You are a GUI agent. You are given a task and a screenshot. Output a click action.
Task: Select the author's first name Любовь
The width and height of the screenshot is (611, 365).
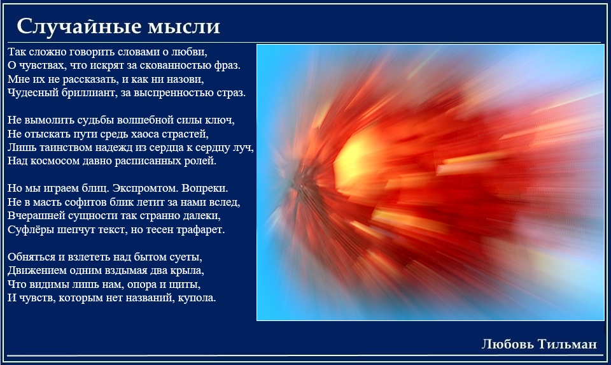point(507,344)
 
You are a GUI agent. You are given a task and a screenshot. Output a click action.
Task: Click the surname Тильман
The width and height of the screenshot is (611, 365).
point(567,344)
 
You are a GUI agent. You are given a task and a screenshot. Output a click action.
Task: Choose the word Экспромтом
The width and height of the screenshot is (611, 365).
point(144,189)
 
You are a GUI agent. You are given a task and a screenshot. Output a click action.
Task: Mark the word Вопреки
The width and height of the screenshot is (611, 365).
point(204,189)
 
